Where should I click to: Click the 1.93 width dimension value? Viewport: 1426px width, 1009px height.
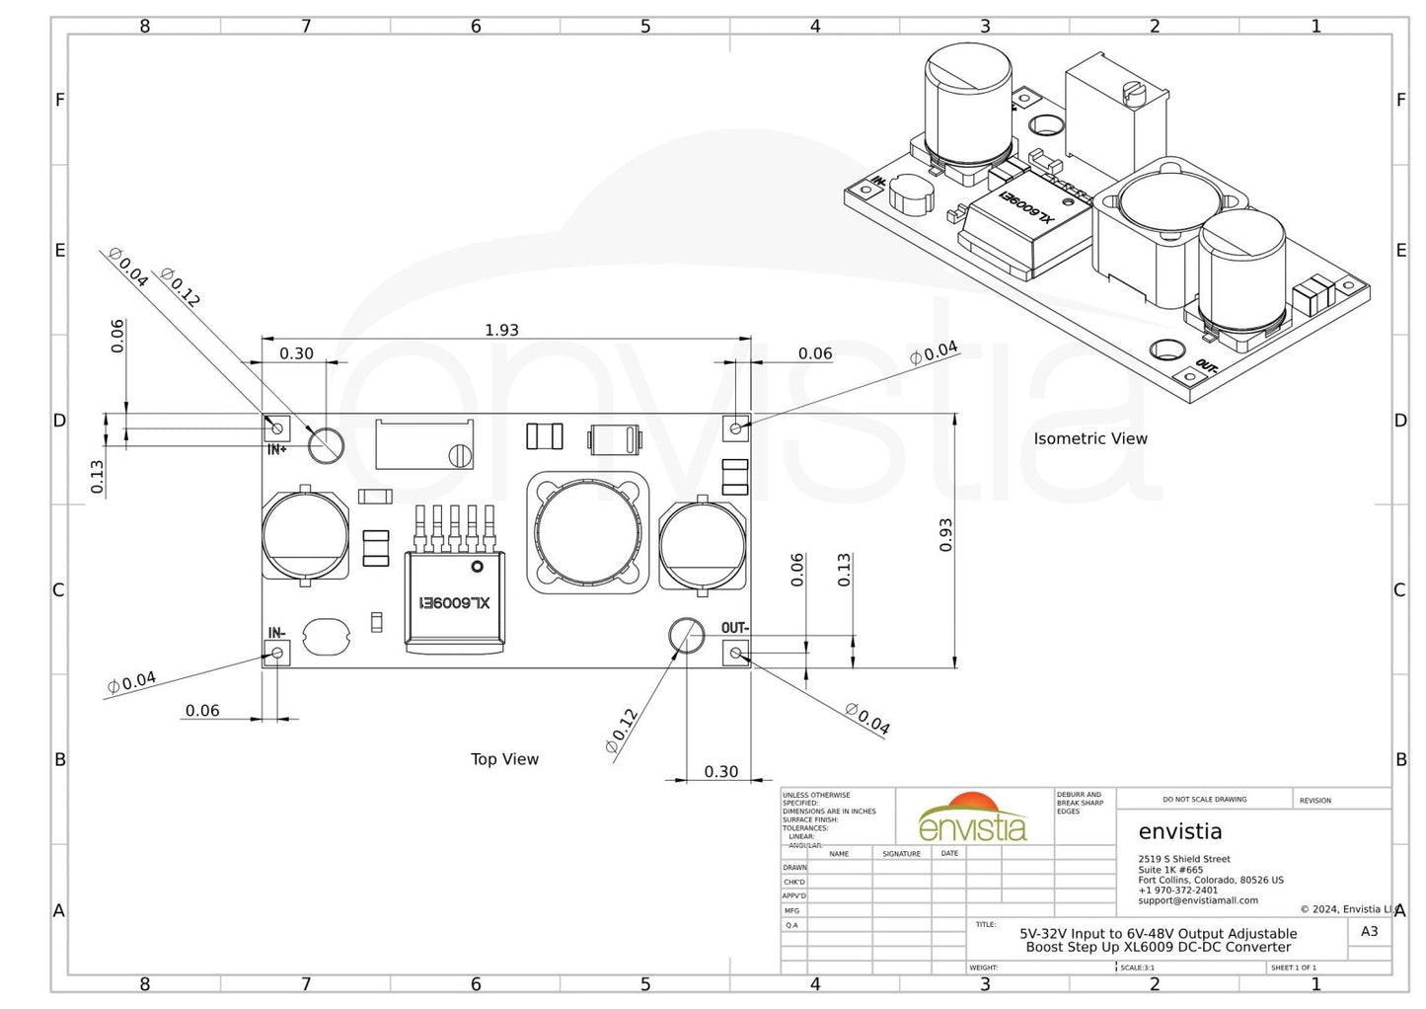501,330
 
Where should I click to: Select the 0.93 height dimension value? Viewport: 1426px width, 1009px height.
945,535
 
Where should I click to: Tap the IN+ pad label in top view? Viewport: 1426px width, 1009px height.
277,450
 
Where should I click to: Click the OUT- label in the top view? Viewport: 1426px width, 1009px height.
734,628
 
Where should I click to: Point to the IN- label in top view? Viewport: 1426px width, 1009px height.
276,633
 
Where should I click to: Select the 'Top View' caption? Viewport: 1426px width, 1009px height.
504,759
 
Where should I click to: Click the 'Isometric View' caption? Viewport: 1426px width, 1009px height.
1090,438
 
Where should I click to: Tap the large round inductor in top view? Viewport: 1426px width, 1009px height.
588,533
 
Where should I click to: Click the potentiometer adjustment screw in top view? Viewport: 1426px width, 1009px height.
460,455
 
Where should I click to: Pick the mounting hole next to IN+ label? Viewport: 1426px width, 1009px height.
325,445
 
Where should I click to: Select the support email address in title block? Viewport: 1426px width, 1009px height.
1198,900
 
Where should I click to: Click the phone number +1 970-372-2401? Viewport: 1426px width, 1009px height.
1178,890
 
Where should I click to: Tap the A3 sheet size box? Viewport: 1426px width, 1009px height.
1369,931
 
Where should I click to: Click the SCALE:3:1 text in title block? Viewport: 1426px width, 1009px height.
1137,968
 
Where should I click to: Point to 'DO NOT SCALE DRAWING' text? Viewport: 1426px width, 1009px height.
1204,800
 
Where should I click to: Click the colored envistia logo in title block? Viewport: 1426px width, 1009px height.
973,818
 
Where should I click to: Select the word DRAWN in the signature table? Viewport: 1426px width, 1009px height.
794,868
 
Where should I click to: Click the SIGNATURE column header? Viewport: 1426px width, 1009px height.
901,854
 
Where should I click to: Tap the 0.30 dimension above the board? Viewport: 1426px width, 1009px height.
296,353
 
